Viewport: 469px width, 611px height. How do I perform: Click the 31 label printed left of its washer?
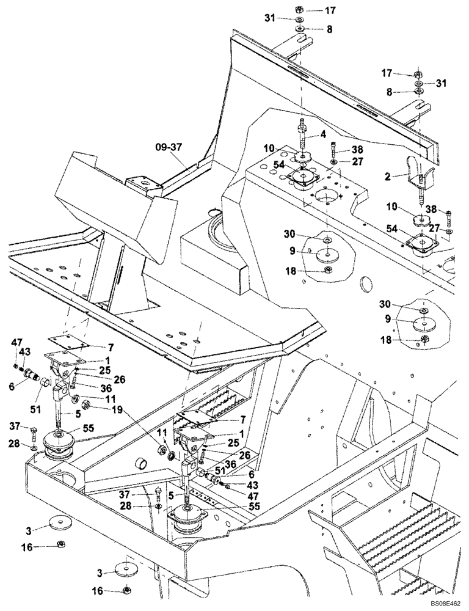tap(270, 18)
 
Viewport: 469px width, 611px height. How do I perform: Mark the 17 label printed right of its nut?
tap(330, 10)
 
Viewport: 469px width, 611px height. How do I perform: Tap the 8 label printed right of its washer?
tap(330, 29)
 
